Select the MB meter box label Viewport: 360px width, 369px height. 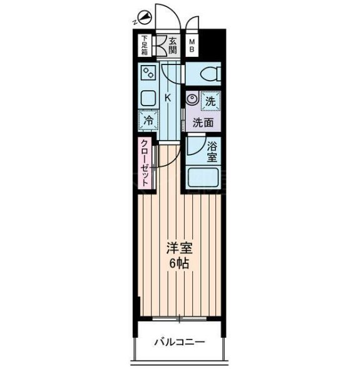(x=192, y=45)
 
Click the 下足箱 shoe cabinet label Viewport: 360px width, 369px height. (x=145, y=45)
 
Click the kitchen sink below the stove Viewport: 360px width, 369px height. (x=149, y=98)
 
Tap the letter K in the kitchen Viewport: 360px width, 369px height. (x=168, y=98)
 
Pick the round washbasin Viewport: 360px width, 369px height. (x=192, y=99)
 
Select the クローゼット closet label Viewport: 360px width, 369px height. (x=145, y=163)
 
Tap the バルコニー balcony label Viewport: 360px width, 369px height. (x=180, y=342)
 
